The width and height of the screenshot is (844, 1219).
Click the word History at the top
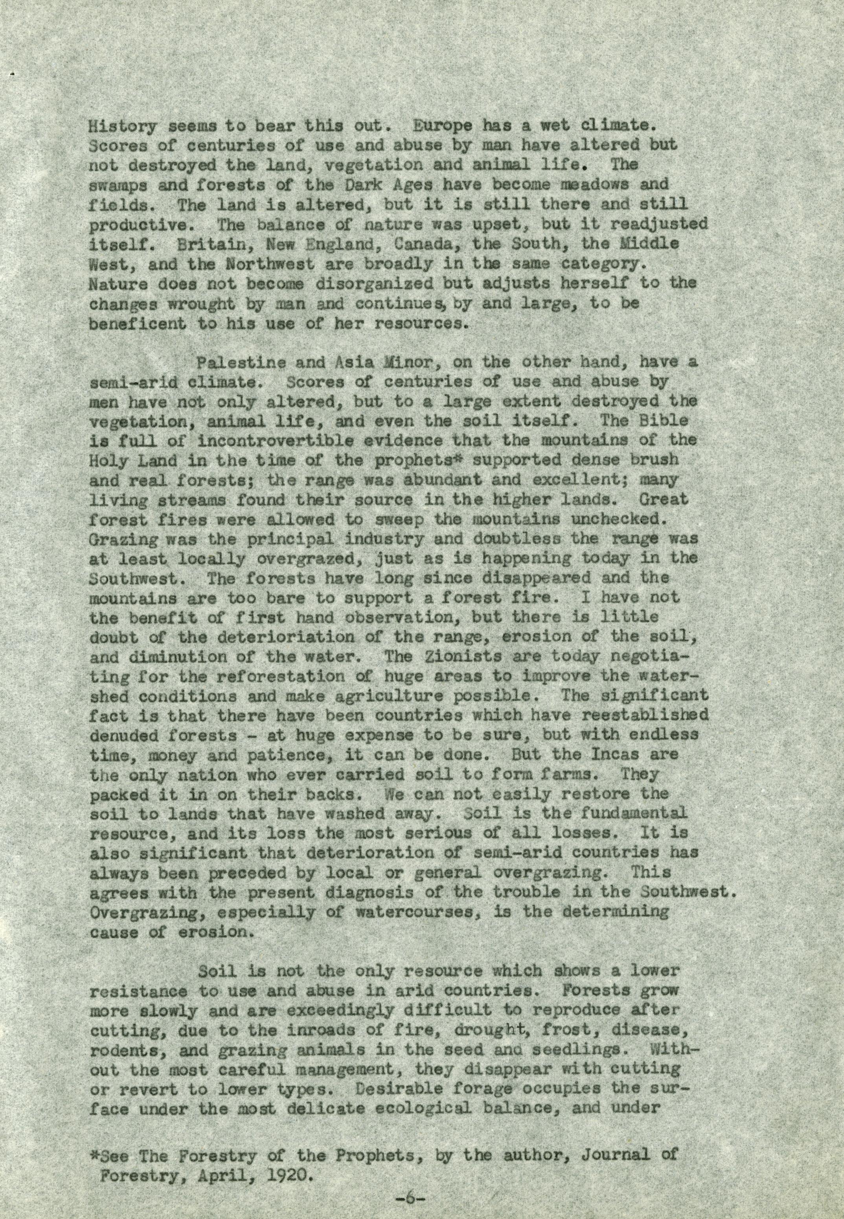(122, 127)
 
